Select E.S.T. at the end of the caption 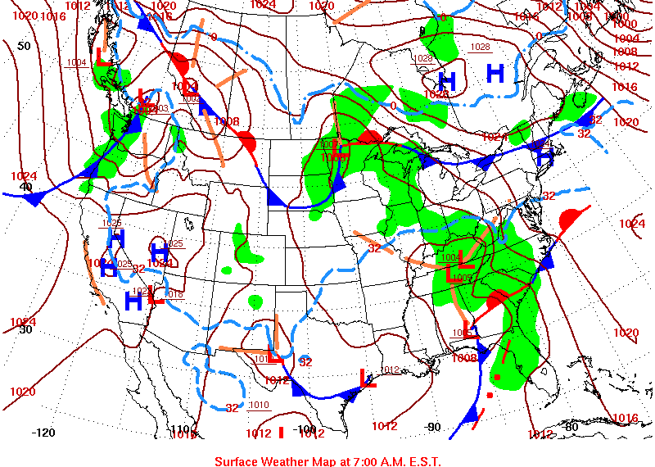click(422, 461)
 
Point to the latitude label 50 click(24, 46)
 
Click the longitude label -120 click(43, 433)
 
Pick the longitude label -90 click(434, 427)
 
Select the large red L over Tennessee click(464, 261)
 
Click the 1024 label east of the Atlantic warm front click(631, 224)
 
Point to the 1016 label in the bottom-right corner click(625, 419)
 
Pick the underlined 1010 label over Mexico click(259, 405)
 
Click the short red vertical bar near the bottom click(281, 432)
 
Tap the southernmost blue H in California click(133, 302)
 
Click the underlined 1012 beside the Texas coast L click(391, 370)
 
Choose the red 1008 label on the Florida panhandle click(464, 358)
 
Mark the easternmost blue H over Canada click(495, 75)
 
